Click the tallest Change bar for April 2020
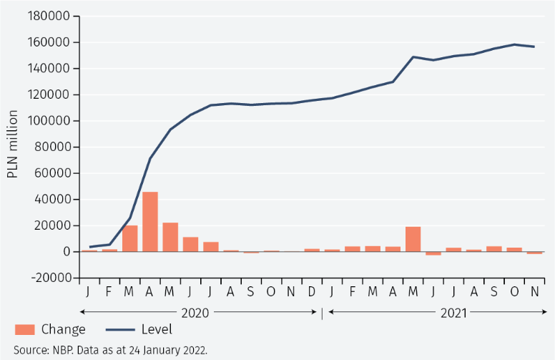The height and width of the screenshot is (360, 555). (x=150, y=222)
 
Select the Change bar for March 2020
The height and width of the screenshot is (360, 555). (x=129, y=238)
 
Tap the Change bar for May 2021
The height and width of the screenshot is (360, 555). (x=413, y=239)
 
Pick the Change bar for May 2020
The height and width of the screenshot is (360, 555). (x=170, y=237)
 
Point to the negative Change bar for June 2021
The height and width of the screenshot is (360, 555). (x=433, y=253)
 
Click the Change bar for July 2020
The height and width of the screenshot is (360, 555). (x=210, y=247)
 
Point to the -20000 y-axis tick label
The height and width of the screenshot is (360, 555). (x=47, y=278)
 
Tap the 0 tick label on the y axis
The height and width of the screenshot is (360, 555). (x=66, y=252)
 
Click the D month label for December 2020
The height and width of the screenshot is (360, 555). (x=312, y=291)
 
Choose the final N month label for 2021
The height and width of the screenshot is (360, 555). (x=534, y=291)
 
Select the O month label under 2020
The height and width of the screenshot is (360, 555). (x=271, y=291)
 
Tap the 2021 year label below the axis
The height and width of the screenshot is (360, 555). (x=453, y=312)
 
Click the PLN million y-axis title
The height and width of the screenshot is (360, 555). (x=13, y=145)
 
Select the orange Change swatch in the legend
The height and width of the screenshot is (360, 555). (x=24, y=330)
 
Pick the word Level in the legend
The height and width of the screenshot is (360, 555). (x=157, y=330)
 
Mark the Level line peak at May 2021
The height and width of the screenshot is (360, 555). (x=413, y=57)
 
